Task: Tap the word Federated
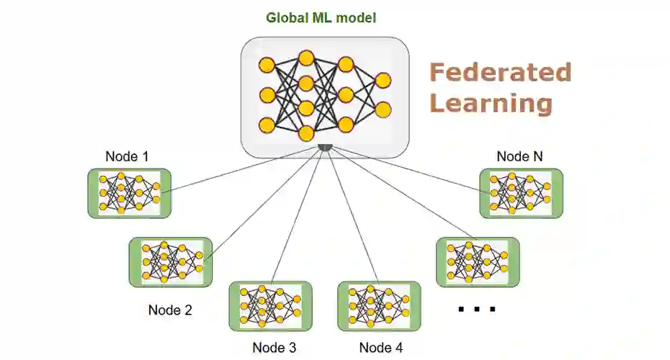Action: (500, 73)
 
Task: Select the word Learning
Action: (491, 104)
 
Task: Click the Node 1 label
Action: (127, 157)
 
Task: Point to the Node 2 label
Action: (170, 310)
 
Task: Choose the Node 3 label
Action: (274, 348)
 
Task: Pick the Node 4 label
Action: (380, 348)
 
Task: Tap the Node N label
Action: (519, 156)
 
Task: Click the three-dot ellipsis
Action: (477, 310)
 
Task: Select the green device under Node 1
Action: (130, 193)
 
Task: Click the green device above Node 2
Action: (171, 263)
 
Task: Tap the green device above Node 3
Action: (270, 306)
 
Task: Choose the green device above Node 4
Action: (379, 305)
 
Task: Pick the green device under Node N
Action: (522, 193)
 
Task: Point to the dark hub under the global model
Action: (325, 148)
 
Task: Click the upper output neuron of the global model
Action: (383, 80)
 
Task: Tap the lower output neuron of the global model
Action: (383, 109)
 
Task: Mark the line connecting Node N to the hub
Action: (403, 168)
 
